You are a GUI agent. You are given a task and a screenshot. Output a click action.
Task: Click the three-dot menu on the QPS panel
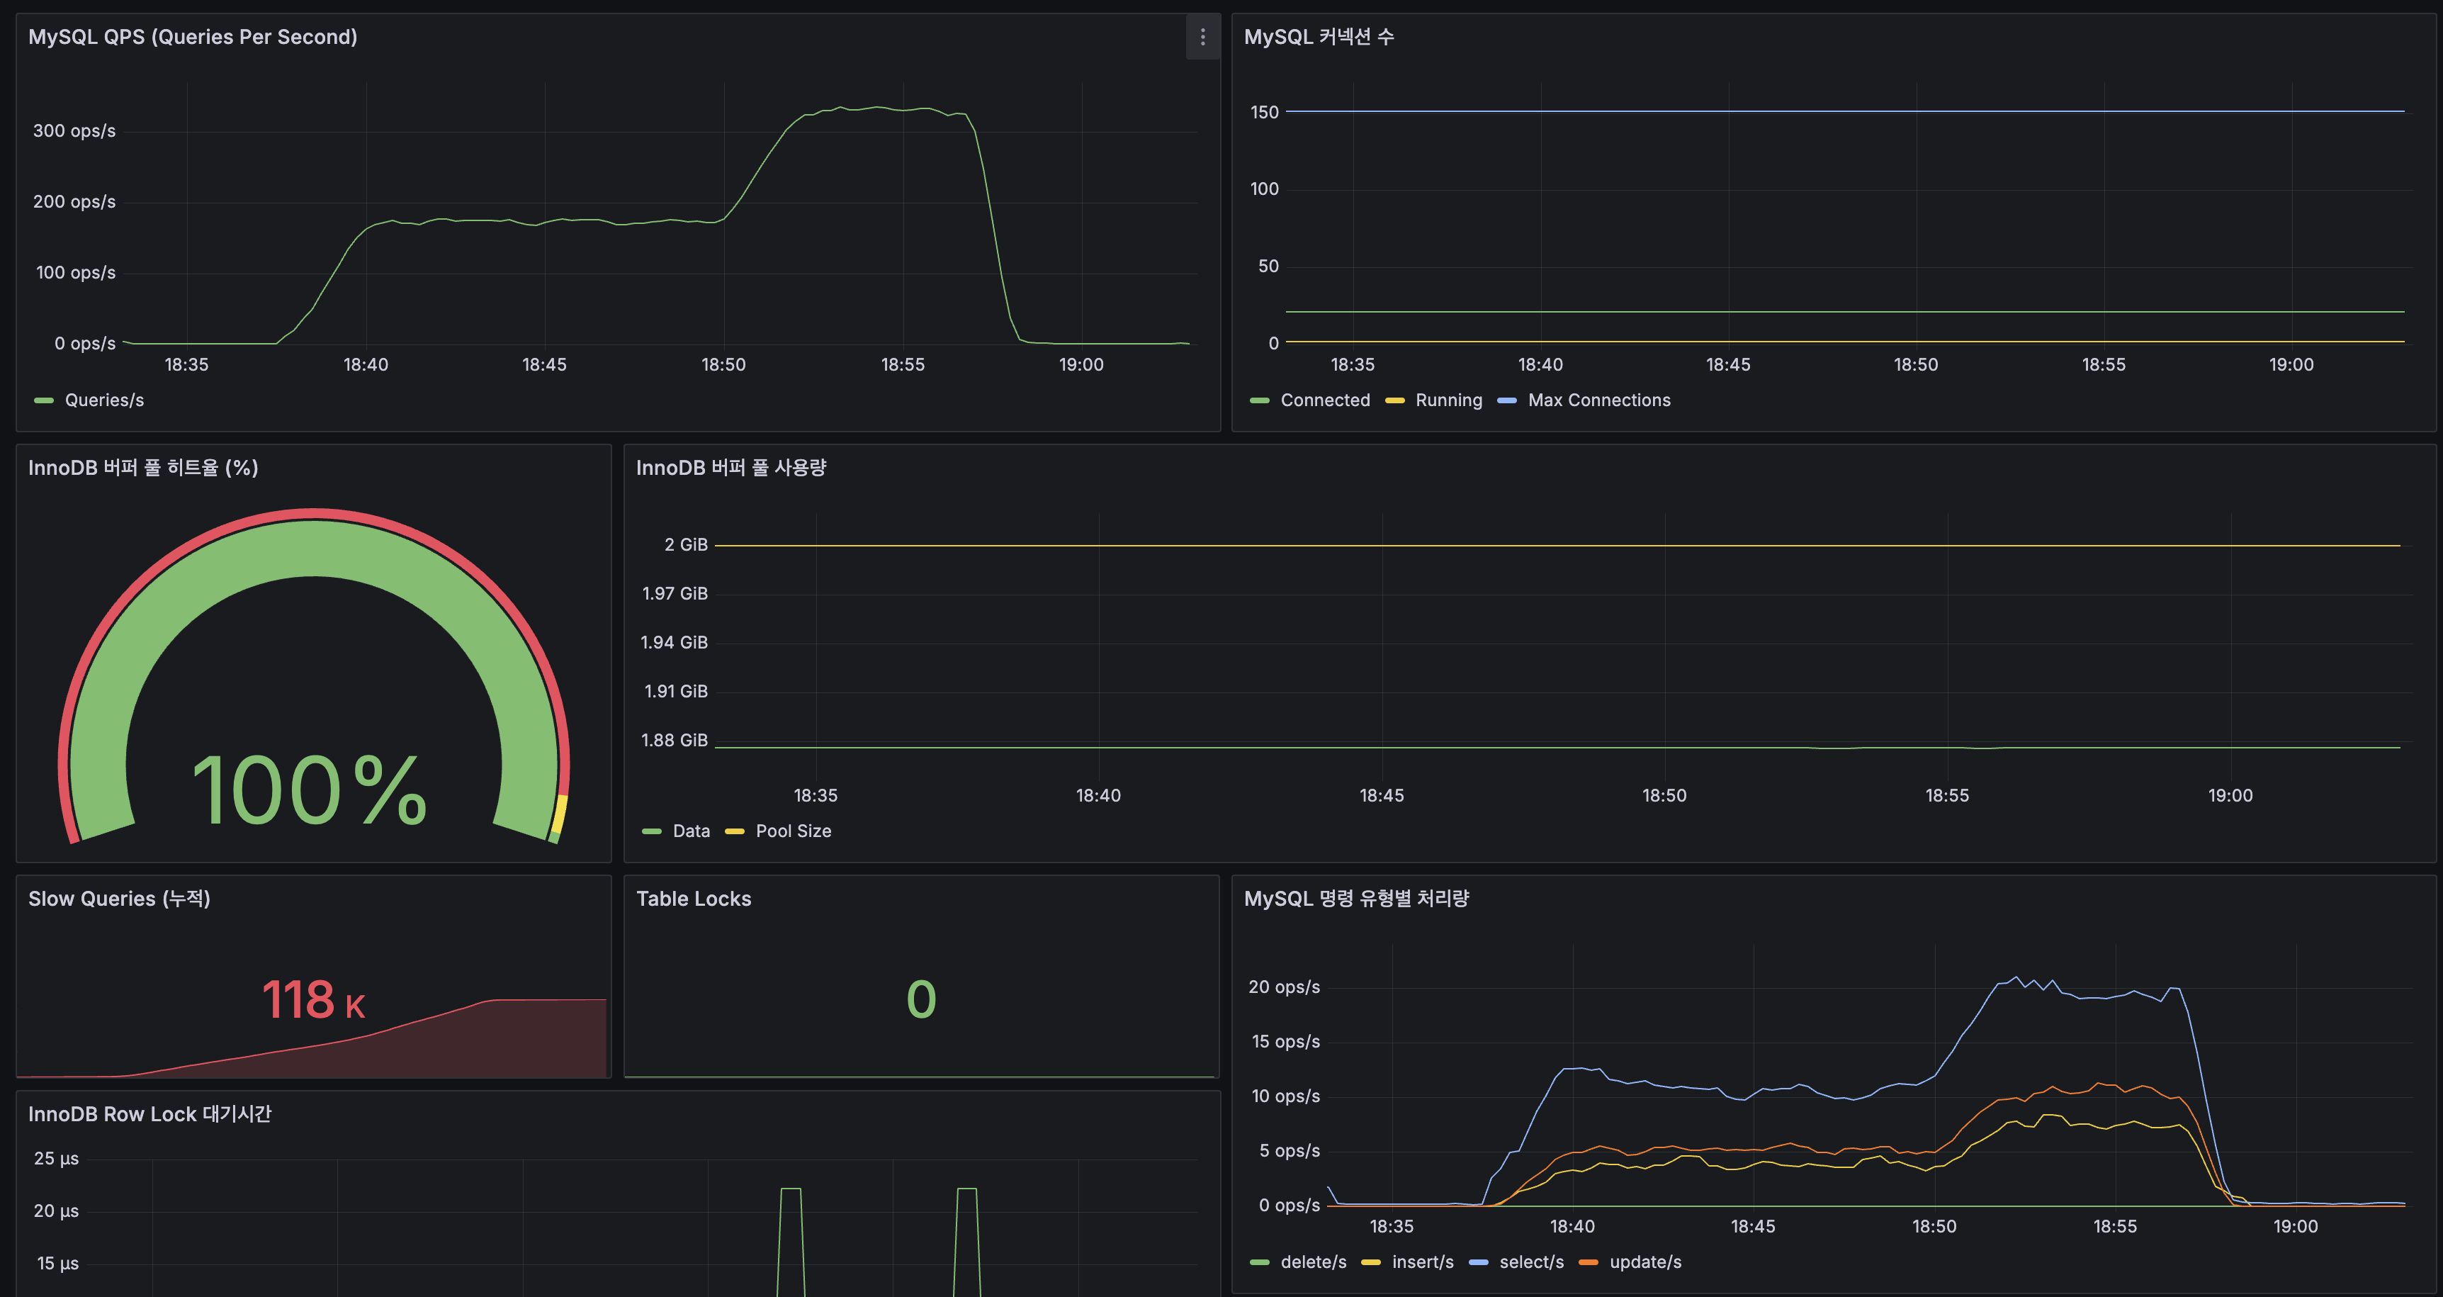click(x=1202, y=37)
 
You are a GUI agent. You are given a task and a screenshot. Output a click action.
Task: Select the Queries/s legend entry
click(x=103, y=400)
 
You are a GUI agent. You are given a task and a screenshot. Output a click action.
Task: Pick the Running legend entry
click(x=1448, y=400)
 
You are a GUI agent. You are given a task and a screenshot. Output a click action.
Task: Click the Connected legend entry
click(x=1324, y=400)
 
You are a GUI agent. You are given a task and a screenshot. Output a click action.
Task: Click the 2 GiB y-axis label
click(x=686, y=544)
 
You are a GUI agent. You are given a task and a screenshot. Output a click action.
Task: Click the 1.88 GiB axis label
click(x=675, y=740)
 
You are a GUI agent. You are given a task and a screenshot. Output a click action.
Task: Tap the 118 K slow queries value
click(x=313, y=1000)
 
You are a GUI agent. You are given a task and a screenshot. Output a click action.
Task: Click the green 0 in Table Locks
click(x=921, y=1000)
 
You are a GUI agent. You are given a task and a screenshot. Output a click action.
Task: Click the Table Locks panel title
click(x=693, y=899)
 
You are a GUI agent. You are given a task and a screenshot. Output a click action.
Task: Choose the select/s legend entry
click(x=1530, y=1262)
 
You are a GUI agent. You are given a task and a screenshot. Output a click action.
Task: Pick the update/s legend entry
click(x=1644, y=1262)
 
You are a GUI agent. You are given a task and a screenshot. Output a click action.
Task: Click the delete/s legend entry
click(x=1312, y=1262)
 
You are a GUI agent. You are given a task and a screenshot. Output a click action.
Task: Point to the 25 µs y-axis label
click(x=56, y=1159)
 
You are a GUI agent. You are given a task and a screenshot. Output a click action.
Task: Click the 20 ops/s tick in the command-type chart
click(x=1283, y=987)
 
